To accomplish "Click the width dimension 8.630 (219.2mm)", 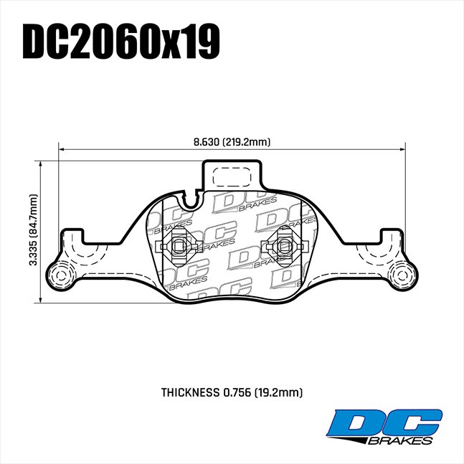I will [231, 141].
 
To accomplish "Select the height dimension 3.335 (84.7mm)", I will [32, 231].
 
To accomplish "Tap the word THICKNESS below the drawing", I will [191, 392].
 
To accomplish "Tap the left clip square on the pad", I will [176, 247].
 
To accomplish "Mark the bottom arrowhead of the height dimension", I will [41, 299].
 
